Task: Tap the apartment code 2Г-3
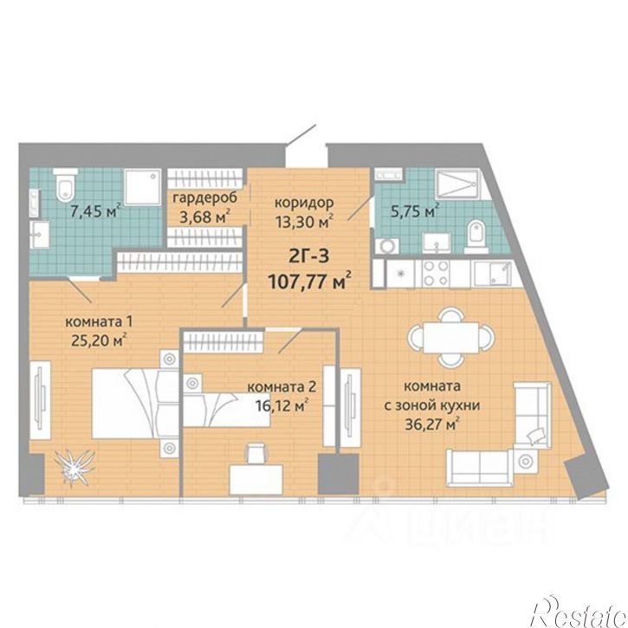(x=308, y=256)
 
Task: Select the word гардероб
(x=205, y=197)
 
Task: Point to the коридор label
(x=303, y=202)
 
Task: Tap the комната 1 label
(x=99, y=321)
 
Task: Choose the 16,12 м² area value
(x=282, y=405)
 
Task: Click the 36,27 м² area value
(x=431, y=424)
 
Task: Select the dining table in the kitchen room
(x=451, y=337)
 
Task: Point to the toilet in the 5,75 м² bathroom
(x=476, y=236)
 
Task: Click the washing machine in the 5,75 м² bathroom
(x=387, y=246)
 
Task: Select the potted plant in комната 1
(x=74, y=467)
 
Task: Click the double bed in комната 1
(x=135, y=403)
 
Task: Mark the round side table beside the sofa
(x=526, y=461)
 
